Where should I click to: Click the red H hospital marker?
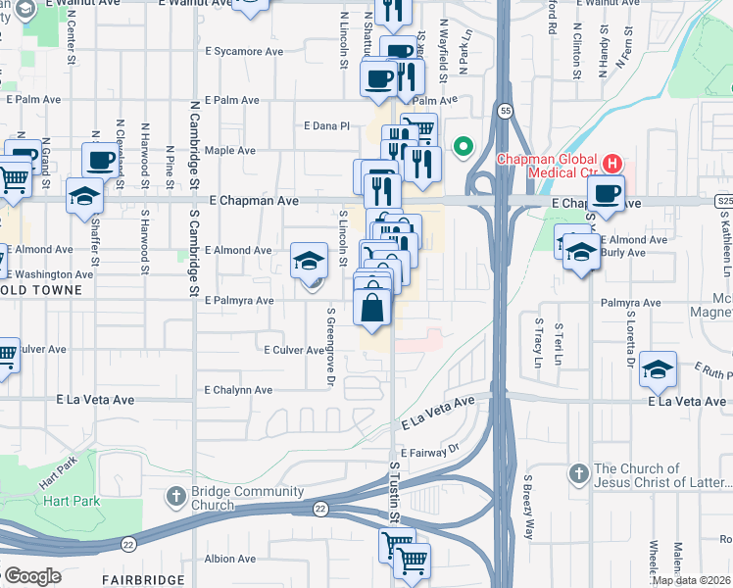pos(612,162)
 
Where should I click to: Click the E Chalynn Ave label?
pos(239,390)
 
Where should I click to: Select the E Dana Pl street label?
pos(326,125)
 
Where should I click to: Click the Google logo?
pos(31,575)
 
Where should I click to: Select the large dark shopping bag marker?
pos(373,308)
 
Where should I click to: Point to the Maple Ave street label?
pos(229,151)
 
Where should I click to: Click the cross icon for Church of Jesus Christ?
pos(579,474)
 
